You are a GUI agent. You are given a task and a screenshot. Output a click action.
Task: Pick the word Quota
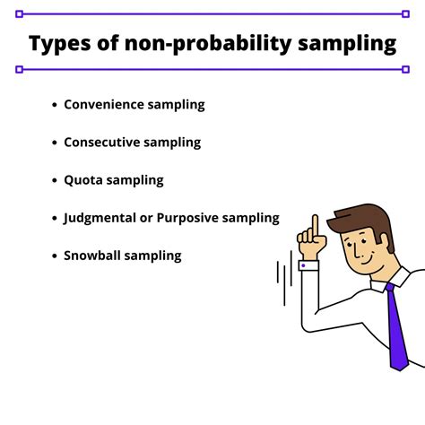click(83, 179)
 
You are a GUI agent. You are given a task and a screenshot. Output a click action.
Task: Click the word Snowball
click(93, 256)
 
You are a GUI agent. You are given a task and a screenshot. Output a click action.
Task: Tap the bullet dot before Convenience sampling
click(54, 105)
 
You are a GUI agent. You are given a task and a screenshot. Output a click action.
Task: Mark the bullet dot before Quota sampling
click(54, 180)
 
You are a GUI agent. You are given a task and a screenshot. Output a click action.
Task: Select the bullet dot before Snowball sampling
click(54, 256)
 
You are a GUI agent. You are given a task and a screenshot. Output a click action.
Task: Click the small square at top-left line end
click(19, 14)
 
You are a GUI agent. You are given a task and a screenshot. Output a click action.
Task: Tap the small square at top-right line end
click(406, 14)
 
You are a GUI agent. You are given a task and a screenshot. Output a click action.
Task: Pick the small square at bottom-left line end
click(19, 69)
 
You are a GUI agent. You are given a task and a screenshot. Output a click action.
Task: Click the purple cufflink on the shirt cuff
click(304, 266)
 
